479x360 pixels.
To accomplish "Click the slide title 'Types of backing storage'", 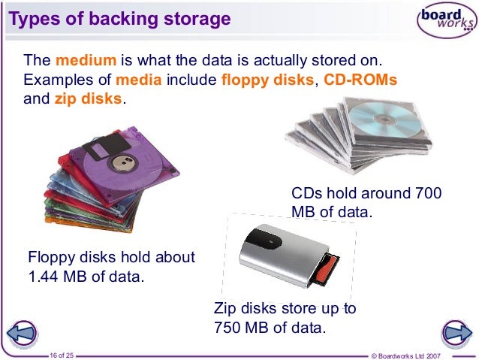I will click(x=119, y=19).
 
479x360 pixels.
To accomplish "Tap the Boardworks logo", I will click(x=444, y=21).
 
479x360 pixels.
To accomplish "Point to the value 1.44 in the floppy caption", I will click(x=44, y=277).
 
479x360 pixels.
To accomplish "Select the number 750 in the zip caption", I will click(x=229, y=328).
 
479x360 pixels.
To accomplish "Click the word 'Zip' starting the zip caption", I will click(x=226, y=309).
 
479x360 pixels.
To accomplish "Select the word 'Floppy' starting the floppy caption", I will click(x=50, y=257).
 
